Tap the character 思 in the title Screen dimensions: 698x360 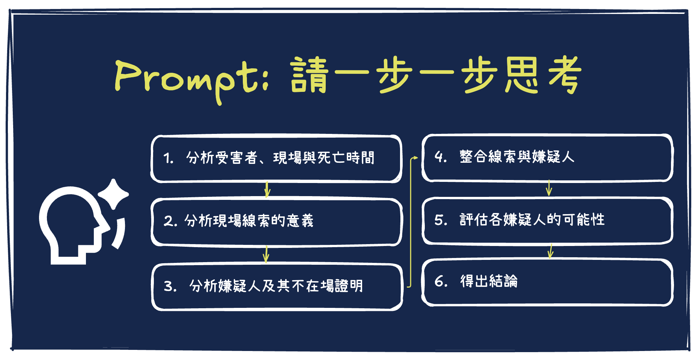[522, 75]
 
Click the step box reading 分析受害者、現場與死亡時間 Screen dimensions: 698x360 [276, 159]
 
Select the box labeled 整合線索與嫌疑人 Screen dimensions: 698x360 [548, 158]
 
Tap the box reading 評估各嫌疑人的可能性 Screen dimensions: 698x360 [548, 221]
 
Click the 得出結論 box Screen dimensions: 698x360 [548, 282]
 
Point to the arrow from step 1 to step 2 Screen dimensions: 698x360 [267, 190]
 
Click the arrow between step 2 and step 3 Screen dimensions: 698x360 [266, 254]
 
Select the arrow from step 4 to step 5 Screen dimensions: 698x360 [549, 188]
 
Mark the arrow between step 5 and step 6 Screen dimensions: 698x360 [551, 251]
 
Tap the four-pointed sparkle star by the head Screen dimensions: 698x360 [113, 194]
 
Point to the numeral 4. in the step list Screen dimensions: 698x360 [440, 157]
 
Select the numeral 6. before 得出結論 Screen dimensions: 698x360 [441, 281]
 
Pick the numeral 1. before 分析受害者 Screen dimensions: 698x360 [168, 158]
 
